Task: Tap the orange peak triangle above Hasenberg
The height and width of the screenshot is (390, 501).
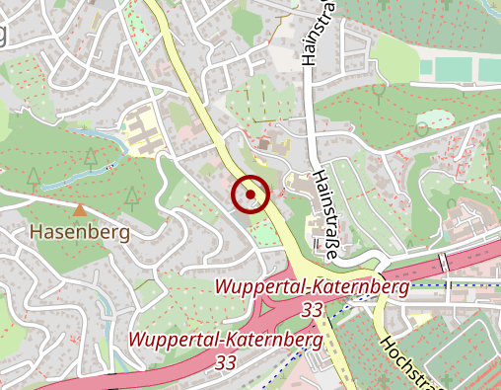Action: click(79, 209)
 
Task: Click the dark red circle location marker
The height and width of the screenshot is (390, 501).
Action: click(250, 195)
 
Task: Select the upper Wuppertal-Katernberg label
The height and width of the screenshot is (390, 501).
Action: click(312, 288)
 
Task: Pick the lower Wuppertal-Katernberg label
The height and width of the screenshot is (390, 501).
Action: click(226, 341)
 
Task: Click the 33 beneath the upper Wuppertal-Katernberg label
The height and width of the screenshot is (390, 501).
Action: click(313, 310)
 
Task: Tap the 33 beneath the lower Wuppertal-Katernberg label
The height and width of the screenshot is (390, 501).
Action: click(225, 362)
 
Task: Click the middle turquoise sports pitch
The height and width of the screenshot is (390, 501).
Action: click(455, 69)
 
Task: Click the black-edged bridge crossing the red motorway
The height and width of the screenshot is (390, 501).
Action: click(443, 263)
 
